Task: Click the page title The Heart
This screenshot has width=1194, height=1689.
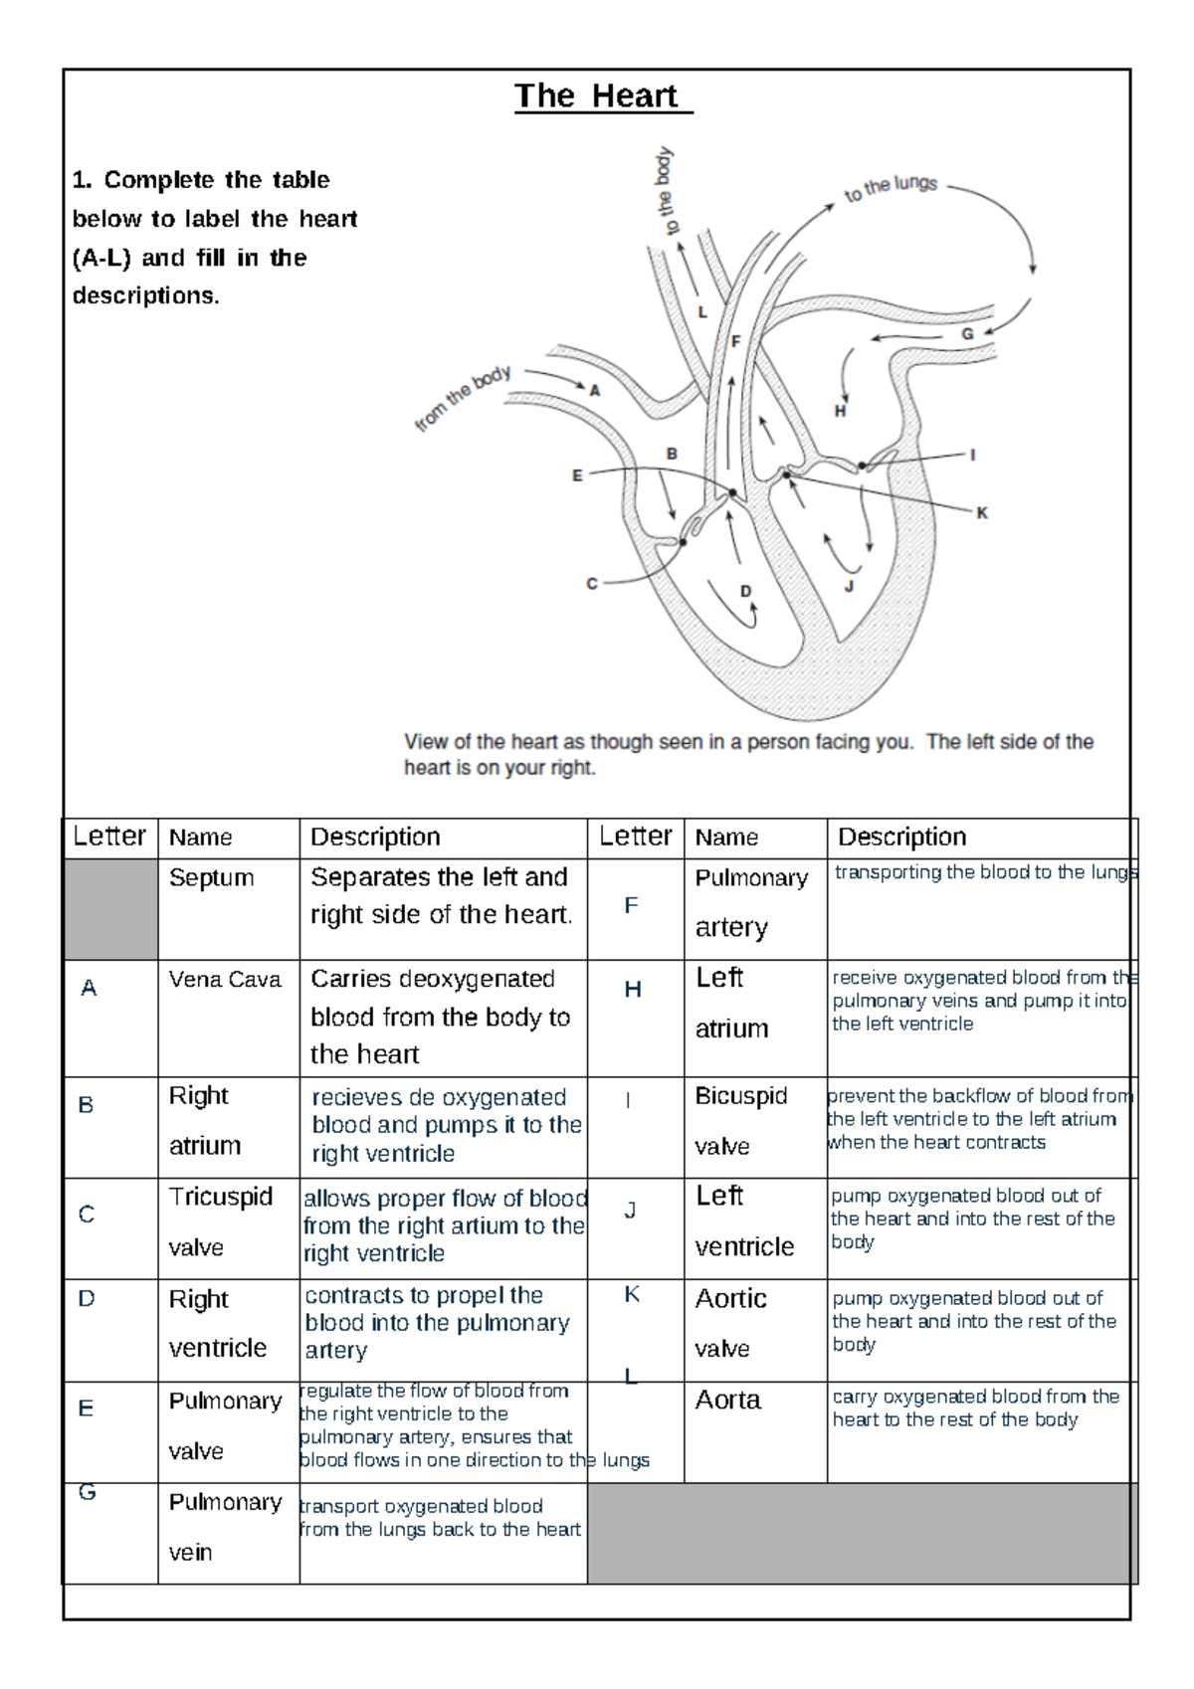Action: [597, 96]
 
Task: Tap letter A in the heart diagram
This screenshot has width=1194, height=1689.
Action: [595, 391]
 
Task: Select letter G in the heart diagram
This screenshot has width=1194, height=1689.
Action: [966, 334]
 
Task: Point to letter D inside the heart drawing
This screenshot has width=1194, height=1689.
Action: [746, 591]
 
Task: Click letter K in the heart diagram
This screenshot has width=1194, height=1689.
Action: [982, 513]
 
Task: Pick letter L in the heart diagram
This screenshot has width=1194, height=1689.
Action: [702, 312]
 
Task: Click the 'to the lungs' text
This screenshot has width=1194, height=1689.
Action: [891, 187]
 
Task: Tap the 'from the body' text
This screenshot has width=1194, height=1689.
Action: [463, 398]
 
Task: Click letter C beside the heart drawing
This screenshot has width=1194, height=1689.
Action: [592, 584]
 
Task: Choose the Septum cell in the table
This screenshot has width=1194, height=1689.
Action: [211, 878]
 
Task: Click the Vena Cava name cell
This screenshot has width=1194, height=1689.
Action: [225, 980]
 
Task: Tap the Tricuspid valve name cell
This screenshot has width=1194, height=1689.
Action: [220, 1220]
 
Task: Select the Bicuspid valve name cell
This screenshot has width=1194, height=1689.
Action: [740, 1120]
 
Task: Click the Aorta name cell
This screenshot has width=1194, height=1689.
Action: [727, 1401]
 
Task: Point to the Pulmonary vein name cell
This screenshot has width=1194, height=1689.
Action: [225, 1526]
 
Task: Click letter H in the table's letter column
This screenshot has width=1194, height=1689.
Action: [633, 990]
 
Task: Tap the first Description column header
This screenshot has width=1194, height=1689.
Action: [375, 838]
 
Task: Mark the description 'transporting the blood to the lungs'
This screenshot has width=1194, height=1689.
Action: [983, 873]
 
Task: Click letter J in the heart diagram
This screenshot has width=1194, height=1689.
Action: [849, 587]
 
